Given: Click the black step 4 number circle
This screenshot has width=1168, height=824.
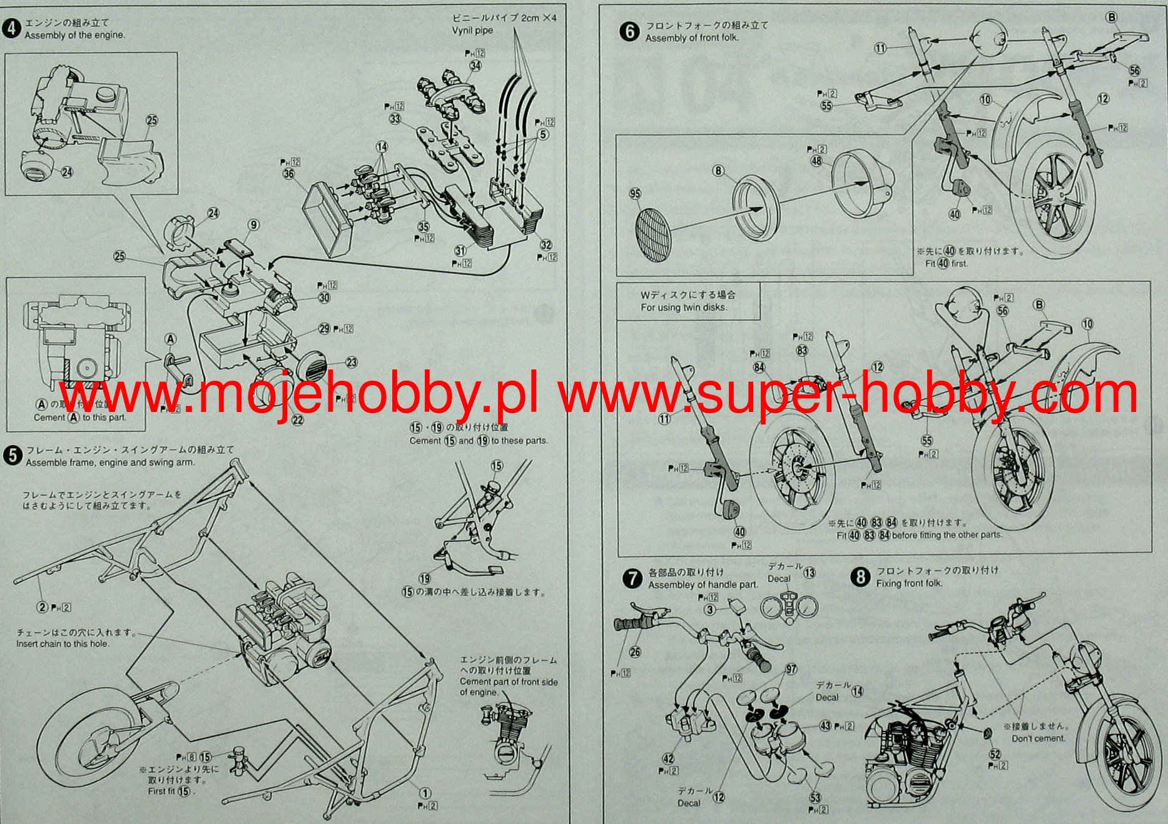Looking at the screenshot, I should (x=12, y=29).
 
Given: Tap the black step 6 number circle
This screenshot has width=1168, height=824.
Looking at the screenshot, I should (x=629, y=31).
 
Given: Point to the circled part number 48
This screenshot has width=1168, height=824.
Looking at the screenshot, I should (x=816, y=161).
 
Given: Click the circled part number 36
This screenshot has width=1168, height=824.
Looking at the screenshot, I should (x=288, y=173).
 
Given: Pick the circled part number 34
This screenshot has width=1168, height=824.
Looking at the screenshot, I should (x=475, y=65).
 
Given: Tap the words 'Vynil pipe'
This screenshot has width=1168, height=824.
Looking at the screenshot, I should (x=472, y=31).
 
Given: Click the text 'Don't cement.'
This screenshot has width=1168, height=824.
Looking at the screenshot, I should (x=1038, y=738).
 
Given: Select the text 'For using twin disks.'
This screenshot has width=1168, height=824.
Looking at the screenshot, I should (x=684, y=308).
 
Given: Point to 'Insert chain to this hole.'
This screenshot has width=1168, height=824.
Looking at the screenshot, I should (x=63, y=644).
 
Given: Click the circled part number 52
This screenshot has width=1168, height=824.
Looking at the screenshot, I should (x=995, y=754).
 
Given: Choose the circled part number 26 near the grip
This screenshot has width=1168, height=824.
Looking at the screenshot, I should (x=635, y=652).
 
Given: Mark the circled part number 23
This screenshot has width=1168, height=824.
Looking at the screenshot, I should (x=352, y=362).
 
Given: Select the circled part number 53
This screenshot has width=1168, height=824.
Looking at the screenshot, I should (x=815, y=798).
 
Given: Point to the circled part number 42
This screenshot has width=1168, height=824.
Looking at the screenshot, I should (x=668, y=759).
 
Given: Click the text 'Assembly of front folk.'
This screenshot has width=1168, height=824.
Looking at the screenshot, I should (x=692, y=38).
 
